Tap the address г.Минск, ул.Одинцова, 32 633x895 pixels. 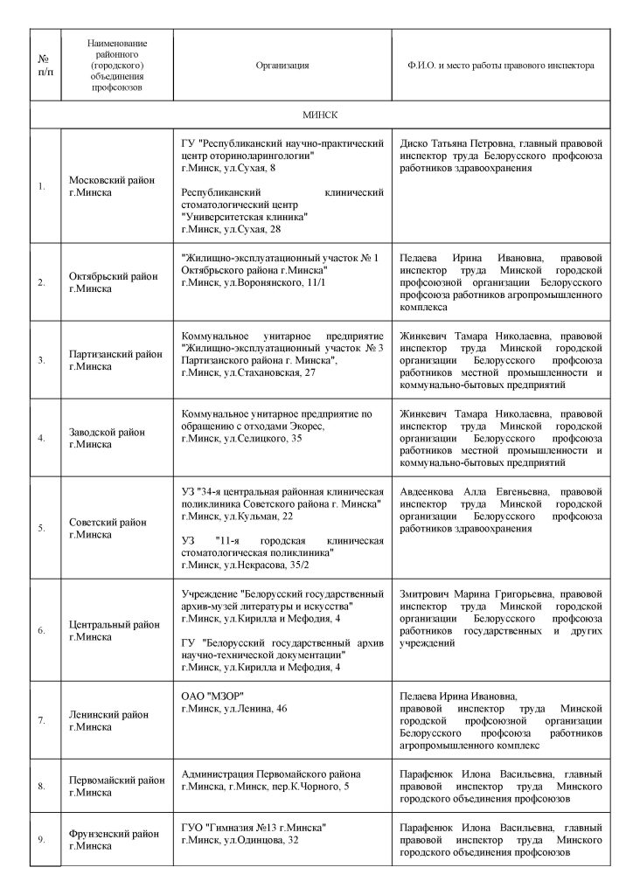point(240,840)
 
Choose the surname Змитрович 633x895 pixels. point(428,606)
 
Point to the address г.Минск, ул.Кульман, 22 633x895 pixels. point(235,517)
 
